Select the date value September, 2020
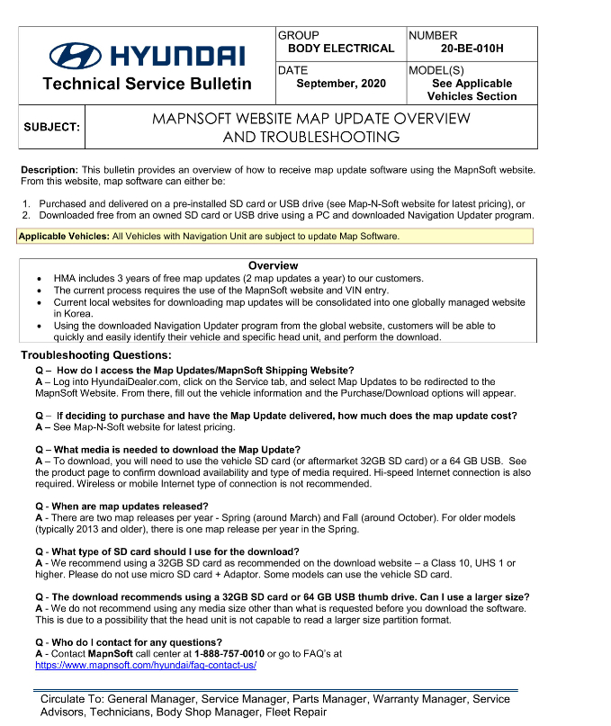(x=341, y=84)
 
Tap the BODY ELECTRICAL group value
(x=341, y=49)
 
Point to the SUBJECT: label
(x=51, y=127)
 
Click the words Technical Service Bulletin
(x=147, y=84)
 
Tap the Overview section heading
(x=273, y=265)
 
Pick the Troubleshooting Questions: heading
(x=89, y=355)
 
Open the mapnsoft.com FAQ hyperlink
(x=146, y=666)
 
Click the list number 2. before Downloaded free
(x=26, y=215)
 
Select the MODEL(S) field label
(x=436, y=70)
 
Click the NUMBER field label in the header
(x=433, y=35)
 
